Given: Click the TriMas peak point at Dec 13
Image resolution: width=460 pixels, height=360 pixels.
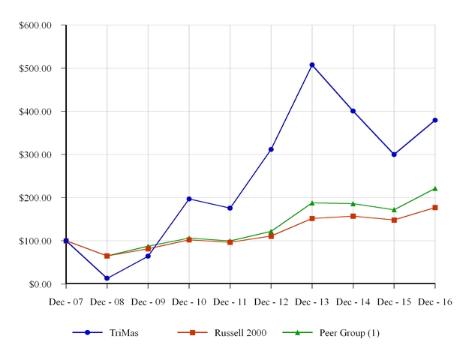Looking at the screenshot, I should coord(312,65).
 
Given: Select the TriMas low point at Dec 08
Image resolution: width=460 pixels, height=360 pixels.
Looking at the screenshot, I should coord(107,278).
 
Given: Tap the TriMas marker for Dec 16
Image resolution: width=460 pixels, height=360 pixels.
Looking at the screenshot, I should coord(435,120).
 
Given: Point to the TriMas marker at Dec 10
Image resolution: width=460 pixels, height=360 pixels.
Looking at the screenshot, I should coord(189,199).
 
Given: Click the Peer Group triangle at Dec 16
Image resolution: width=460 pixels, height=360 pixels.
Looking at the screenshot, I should coord(435,189).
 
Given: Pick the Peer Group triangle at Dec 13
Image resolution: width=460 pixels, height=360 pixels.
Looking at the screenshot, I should coord(312,202).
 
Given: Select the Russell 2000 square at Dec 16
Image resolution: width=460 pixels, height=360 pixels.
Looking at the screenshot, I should coord(435,208).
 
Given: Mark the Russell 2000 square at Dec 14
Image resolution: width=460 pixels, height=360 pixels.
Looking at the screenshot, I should coord(353,216).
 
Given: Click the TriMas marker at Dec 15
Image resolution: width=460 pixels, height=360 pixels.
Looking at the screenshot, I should coord(394,154).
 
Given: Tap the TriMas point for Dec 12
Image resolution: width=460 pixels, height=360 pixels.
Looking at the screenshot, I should coord(271,149).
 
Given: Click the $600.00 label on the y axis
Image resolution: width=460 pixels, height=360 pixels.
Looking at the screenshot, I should coord(35,25).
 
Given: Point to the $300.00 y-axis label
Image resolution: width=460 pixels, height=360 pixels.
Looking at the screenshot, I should coord(35,154).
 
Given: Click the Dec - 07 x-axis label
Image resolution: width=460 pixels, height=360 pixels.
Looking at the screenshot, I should coord(66,301).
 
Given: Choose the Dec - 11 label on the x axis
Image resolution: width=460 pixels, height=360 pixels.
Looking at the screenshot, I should coord(230,301).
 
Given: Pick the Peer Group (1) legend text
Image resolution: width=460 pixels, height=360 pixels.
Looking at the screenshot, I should coord(349,333).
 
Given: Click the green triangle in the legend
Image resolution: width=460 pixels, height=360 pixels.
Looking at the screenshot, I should coord(299,332).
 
